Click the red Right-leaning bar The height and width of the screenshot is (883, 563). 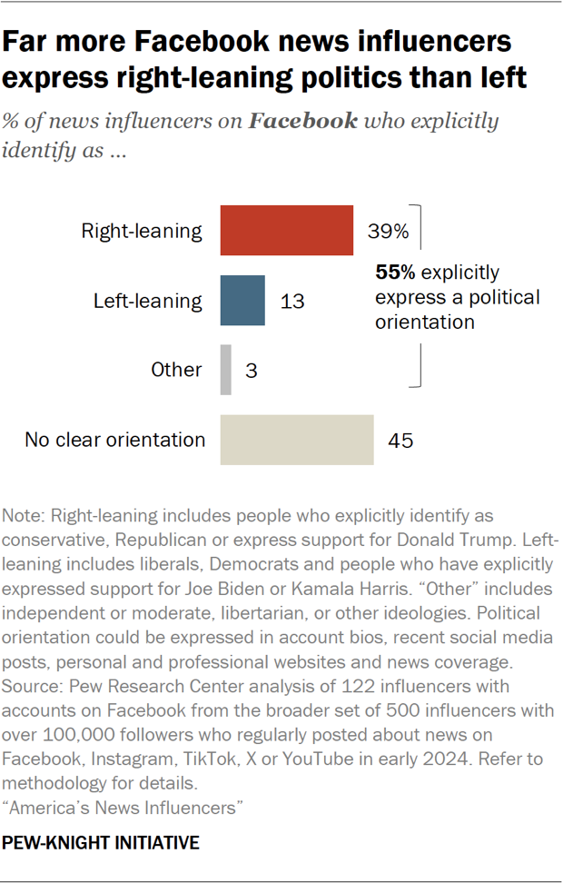pos(286,231)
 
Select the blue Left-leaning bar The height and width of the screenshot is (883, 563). pos(242,300)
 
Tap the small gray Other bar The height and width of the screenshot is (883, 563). pos(226,370)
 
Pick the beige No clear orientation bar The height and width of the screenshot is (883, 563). pos(297,440)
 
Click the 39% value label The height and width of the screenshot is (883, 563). pos(388,232)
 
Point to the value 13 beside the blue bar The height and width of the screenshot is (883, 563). pos(291,301)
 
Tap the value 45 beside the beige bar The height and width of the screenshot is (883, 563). pos(400,441)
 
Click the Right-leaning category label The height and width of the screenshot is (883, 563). pos(142,231)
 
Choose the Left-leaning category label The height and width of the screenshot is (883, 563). pos(148,301)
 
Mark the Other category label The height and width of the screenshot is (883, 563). pos(177,370)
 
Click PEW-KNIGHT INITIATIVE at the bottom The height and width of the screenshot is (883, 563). pos(101,843)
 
